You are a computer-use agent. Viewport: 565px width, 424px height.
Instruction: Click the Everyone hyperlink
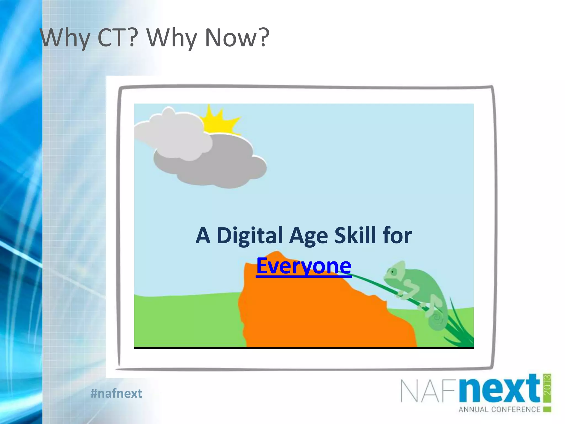(304, 266)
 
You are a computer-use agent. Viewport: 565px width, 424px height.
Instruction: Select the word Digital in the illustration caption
(250, 235)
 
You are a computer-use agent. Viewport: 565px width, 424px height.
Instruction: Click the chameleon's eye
(393, 272)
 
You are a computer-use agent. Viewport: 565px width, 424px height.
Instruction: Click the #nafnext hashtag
(116, 393)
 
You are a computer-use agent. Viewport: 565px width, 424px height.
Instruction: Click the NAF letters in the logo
(429, 391)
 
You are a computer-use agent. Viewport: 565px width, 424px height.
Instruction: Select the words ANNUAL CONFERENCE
(499, 409)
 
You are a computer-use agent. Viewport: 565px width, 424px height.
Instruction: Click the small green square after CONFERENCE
(547, 409)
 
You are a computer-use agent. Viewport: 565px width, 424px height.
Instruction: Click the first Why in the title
(65, 38)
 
